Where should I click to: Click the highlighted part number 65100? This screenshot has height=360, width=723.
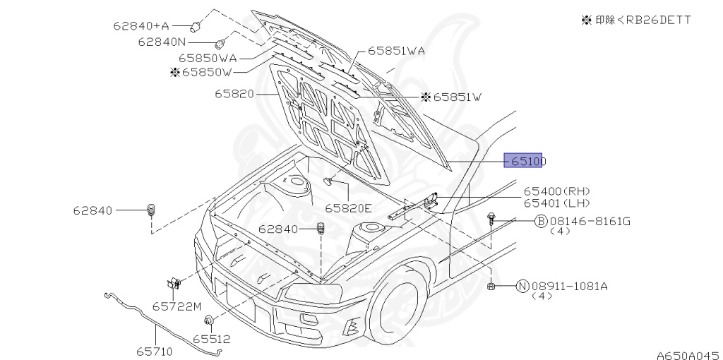click(x=525, y=162)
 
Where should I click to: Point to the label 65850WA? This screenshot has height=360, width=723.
click(x=207, y=58)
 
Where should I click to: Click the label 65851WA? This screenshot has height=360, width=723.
click(x=395, y=51)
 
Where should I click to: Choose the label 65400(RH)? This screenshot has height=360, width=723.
click(x=556, y=191)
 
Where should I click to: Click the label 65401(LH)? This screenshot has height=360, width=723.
click(x=556, y=203)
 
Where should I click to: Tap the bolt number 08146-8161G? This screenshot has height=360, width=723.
click(x=590, y=222)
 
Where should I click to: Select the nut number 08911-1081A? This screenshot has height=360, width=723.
click(x=568, y=286)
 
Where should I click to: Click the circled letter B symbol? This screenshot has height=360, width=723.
click(x=541, y=222)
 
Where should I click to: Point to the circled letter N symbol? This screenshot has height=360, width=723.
click(x=522, y=286)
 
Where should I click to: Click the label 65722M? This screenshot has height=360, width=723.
click(x=177, y=306)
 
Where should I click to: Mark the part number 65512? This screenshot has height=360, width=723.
click(x=211, y=340)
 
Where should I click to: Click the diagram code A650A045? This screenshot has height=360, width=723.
click(x=686, y=351)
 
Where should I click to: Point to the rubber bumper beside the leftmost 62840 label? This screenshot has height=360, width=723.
click(x=150, y=210)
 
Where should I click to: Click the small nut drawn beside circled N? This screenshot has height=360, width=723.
click(x=491, y=286)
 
